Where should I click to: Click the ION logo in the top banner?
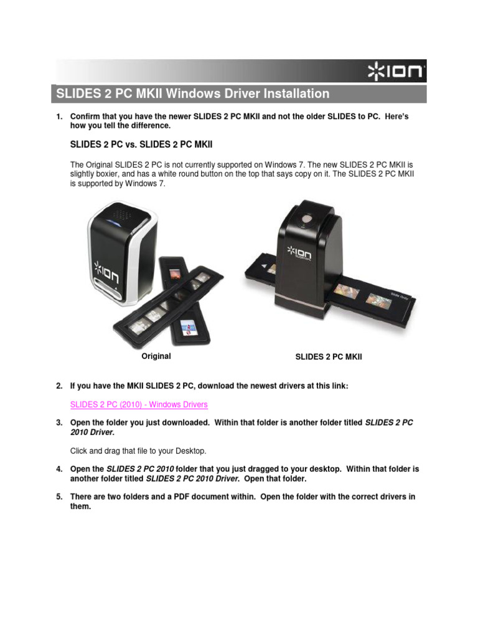396,72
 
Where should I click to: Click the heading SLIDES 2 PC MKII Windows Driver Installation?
193,94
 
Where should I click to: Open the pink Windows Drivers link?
139,404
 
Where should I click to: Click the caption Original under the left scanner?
156,356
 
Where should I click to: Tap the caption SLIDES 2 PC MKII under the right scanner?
328,357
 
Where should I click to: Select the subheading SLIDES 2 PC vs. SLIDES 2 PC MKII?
141,144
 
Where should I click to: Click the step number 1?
59,117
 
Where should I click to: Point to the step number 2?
59,386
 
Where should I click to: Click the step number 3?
59,422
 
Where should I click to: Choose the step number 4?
59,468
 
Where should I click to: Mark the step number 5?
59,497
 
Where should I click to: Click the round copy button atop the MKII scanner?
306,219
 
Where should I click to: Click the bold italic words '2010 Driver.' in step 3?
92,432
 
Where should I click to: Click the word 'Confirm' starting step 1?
85,117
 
